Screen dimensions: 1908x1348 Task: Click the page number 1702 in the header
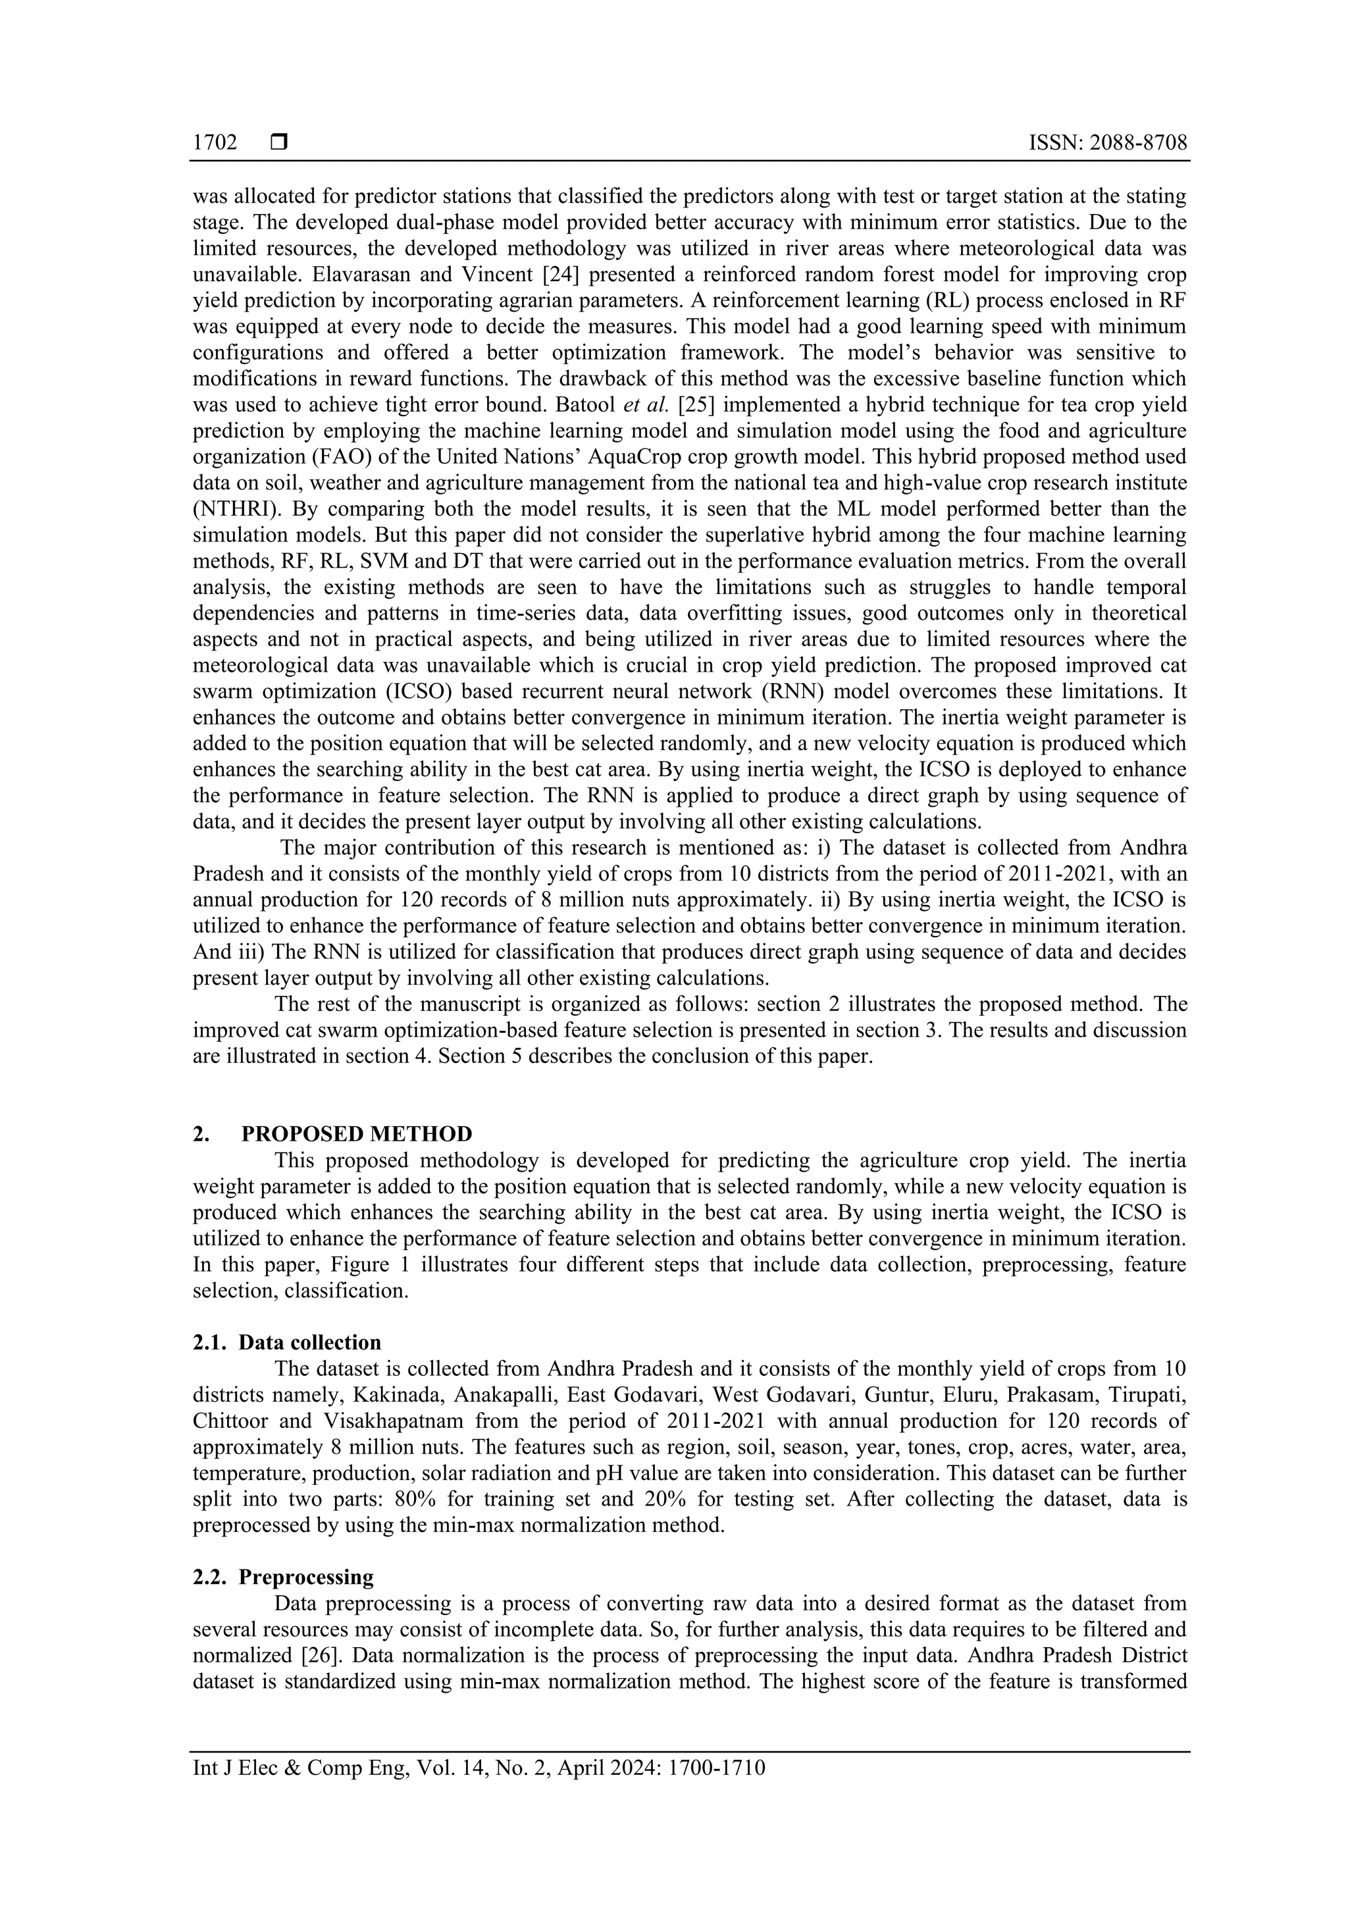[215, 143]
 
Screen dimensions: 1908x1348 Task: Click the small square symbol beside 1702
[279, 143]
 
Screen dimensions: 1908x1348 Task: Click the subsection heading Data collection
[310, 1342]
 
